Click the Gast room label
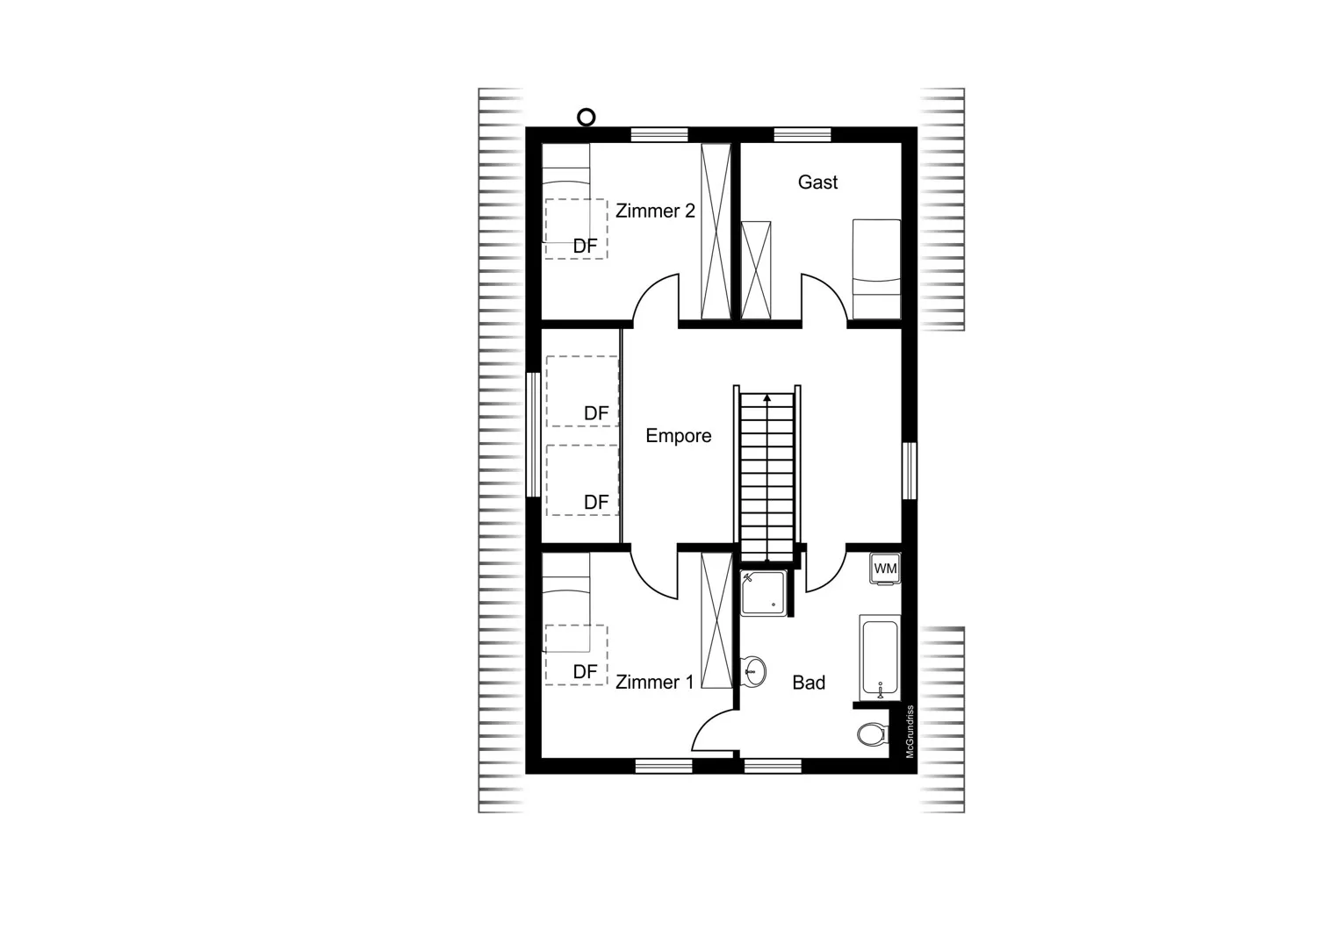[817, 182]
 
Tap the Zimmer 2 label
[655, 211]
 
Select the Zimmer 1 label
[654, 682]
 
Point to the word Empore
[679, 435]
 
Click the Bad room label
[809, 682]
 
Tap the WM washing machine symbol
[885, 569]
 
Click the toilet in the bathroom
[872, 734]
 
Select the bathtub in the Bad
[880, 658]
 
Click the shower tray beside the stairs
[763, 593]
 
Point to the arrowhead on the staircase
[766, 397]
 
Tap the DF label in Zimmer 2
[585, 247]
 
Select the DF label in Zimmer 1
[585, 671]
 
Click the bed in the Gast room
[876, 269]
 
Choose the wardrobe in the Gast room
[755, 270]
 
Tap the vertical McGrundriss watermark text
[910, 732]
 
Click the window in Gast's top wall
[802, 134]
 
